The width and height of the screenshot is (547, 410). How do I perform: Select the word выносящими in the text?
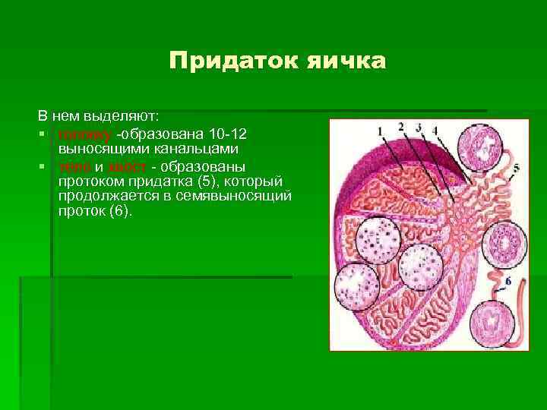click(93, 149)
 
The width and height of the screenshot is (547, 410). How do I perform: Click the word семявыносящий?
click(239, 196)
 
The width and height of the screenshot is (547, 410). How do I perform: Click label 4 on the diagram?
click(435, 131)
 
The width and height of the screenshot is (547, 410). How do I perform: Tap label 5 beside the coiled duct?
click(517, 168)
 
